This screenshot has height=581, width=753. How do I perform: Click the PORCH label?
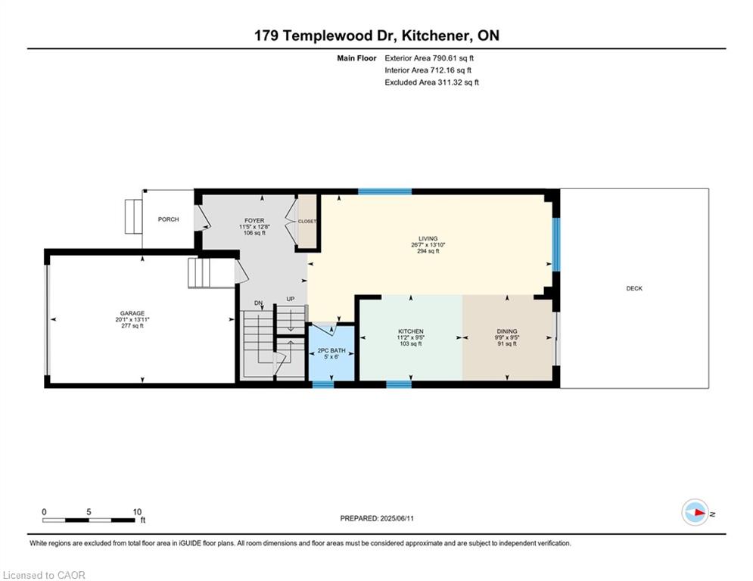point(168,219)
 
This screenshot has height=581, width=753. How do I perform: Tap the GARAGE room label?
point(132,313)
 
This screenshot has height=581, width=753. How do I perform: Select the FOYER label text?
point(254,221)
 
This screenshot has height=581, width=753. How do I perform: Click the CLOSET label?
point(307,222)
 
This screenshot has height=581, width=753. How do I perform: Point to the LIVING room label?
point(428,238)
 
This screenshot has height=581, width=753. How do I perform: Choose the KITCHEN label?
point(411,331)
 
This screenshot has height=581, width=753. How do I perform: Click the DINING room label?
point(506,331)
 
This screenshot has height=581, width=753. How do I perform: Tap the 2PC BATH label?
point(331,351)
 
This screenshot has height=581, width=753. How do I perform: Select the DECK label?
point(634,288)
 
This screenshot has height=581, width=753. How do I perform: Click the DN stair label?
point(258,303)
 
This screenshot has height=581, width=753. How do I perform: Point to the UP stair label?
point(290,299)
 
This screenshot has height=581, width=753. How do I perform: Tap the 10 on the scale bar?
point(137,512)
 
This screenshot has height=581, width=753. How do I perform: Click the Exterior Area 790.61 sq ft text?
point(429,58)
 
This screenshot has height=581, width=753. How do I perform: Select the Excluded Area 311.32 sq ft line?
point(431,82)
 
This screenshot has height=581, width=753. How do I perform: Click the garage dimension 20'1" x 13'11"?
point(132,320)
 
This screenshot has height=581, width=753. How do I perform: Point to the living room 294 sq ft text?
point(428,251)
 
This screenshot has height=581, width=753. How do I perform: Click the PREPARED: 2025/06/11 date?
point(377,518)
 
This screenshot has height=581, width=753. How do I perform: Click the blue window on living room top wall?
point(385,191)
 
